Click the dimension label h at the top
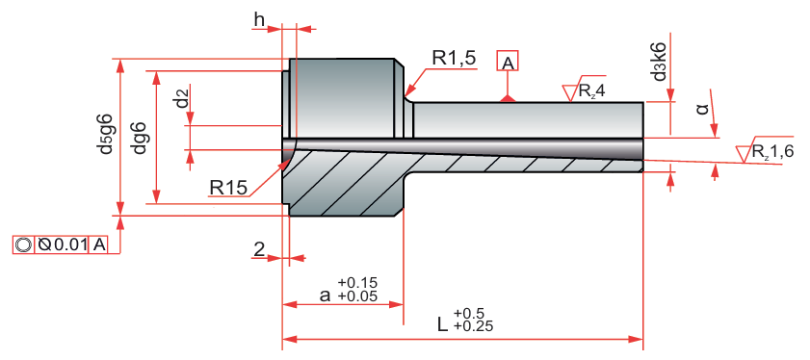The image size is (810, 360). pyautogui.click(x=259, y=19)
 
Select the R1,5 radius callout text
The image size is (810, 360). pyautogui.click(x=454, y=59)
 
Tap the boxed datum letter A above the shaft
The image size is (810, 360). pyautogui.click(x=508, y=62)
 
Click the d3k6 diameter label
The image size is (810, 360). pyautogui.click(x=659, y=62)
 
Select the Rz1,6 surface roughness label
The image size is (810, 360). pyautogui.click(x=767, y=152)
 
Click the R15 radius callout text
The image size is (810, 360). pyautogui.click(x=228, y=188)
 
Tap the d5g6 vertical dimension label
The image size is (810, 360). pyautogui.click(x=106, y=136)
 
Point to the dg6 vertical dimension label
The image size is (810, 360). pyautogui.click(x=139, y=139)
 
